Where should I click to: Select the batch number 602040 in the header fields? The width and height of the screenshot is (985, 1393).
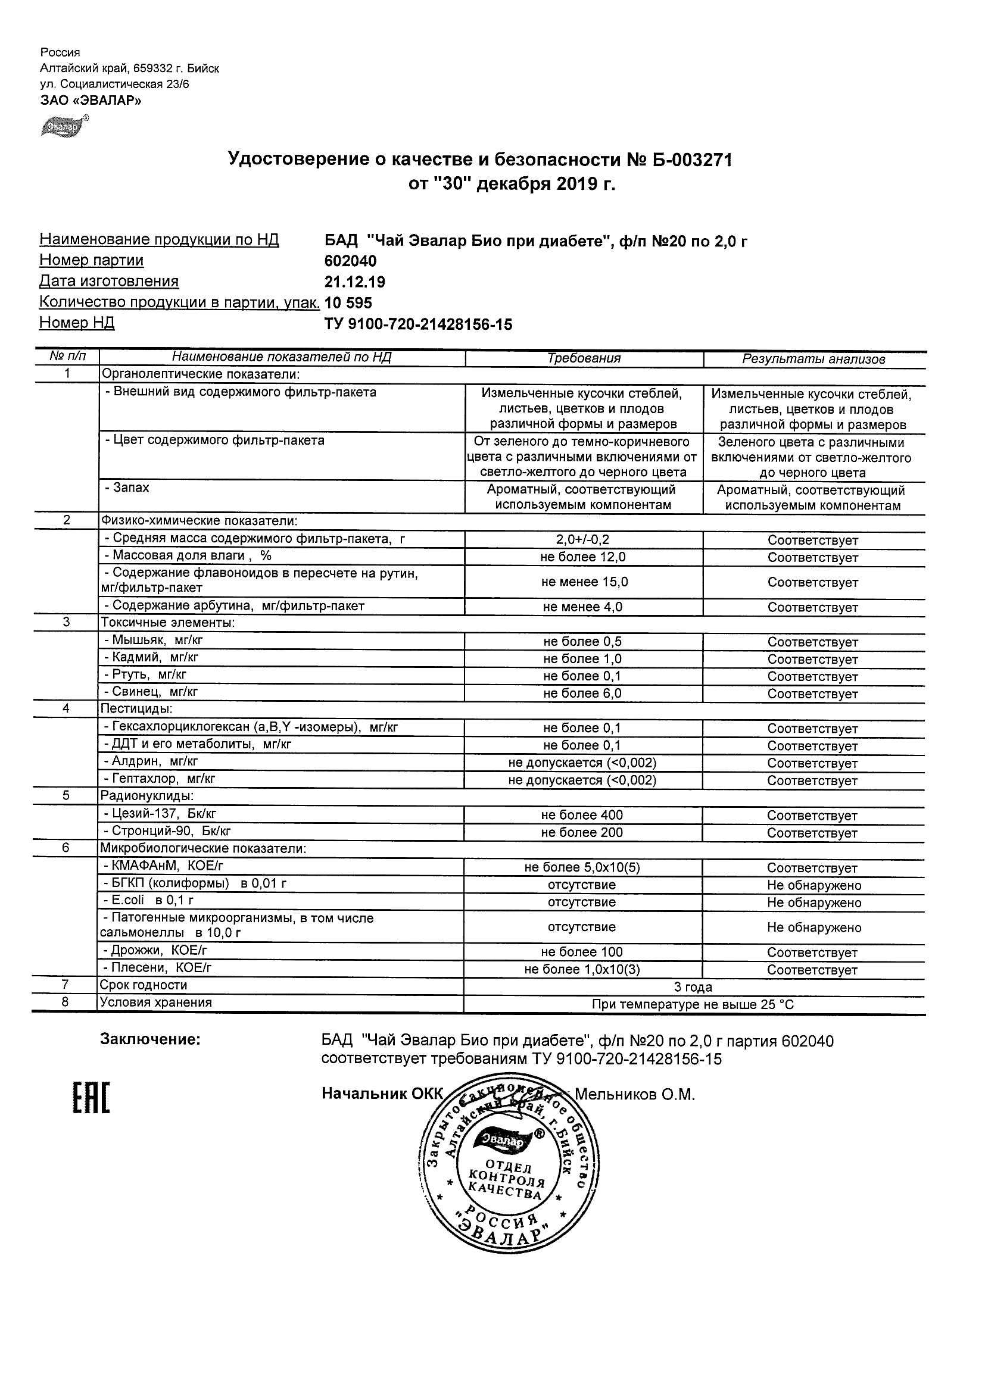click(x=350, y=261)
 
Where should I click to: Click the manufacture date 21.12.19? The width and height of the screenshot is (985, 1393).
click(x=354, y=282)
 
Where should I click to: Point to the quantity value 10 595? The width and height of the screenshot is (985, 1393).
click(x=348, y=303)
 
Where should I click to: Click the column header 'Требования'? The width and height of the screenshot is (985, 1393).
click(x=584, y=358)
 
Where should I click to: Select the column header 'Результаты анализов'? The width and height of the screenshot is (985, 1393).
click(x=813, y=359)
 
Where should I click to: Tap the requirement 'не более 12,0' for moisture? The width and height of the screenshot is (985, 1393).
click(x=583, y=557)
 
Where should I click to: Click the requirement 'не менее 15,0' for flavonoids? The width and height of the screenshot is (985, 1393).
click(x=584, y=582)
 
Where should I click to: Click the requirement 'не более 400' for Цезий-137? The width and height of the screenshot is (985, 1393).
click(x=582, y=816)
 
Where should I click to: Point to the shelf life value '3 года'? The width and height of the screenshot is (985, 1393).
click(x=693, y=987)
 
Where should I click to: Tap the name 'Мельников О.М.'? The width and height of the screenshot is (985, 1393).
click(x=634, y=1095)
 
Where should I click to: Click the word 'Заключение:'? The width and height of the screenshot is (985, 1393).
click(x=150, y=1039)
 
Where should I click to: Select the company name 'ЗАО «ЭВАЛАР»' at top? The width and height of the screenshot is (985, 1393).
click(x=91, y=101)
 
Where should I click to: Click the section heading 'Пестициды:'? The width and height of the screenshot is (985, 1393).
click(x=136, y=708)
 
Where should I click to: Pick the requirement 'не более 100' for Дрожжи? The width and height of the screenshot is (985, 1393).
click(x=582, y=952)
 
